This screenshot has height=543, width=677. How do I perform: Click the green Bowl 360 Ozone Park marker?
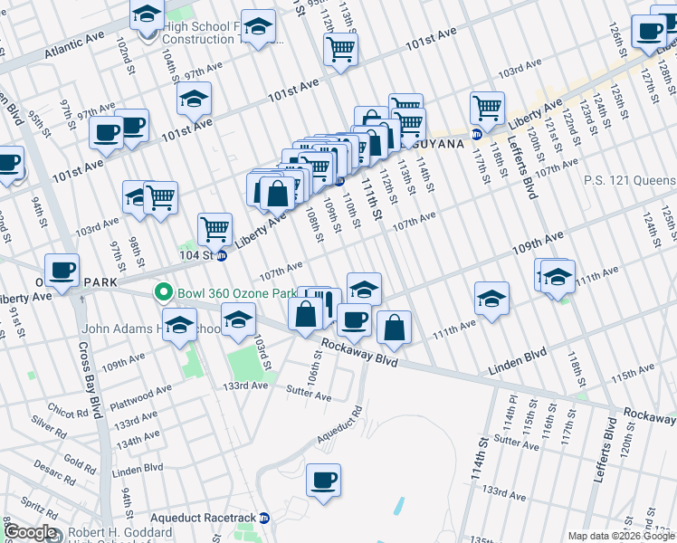(163, 293)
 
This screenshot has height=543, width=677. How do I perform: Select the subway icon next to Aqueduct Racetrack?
(264, 518)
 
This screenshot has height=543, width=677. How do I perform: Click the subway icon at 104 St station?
(221, 256)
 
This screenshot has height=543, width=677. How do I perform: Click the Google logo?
(30, 532)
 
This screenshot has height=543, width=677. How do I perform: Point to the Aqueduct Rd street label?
(338, 424)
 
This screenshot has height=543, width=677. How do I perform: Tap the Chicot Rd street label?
(56, 412)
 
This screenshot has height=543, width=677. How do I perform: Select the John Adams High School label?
(150, 329)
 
